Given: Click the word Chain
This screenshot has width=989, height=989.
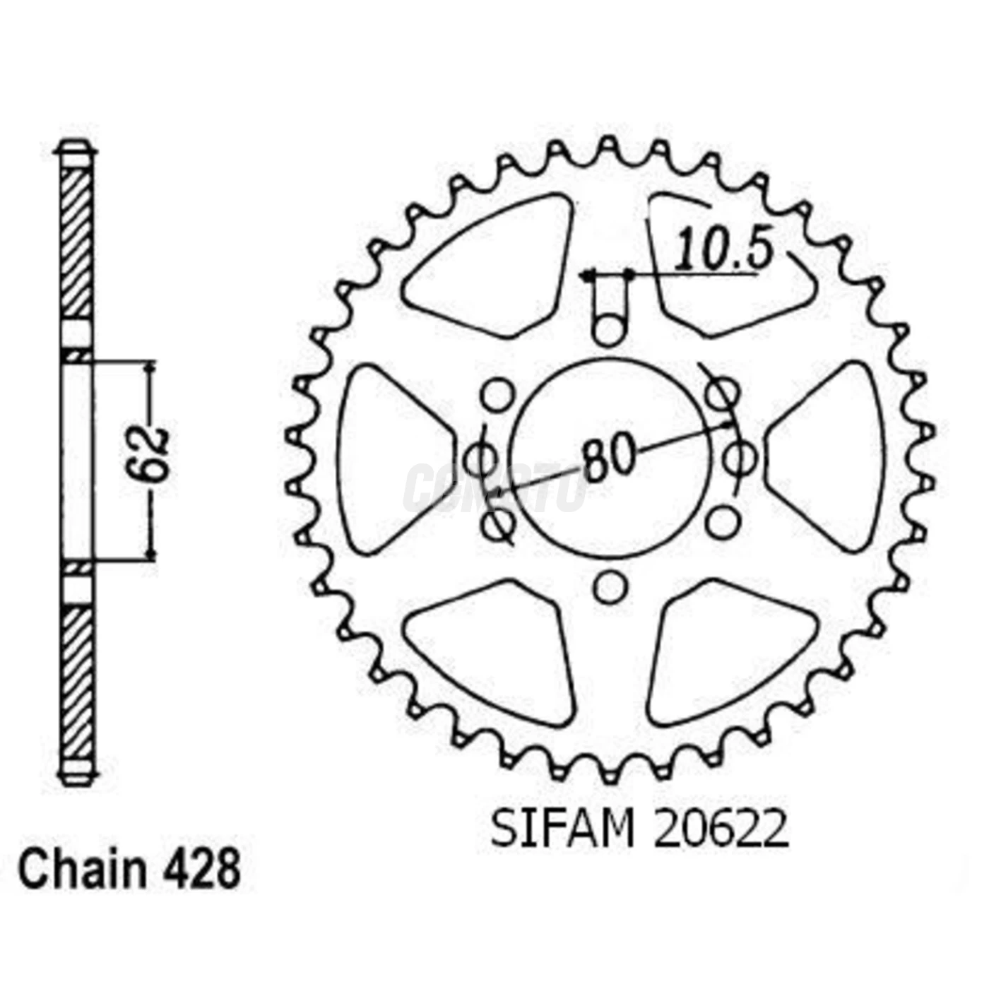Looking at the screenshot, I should (81, 870).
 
